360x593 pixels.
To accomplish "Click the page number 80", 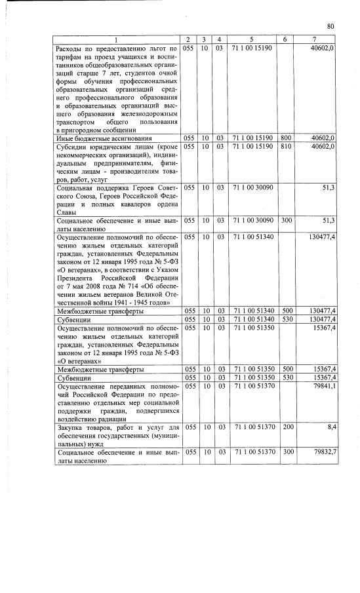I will coord(330,26).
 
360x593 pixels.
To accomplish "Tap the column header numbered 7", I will coord(315,41).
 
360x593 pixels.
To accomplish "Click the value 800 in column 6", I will coord(286,138).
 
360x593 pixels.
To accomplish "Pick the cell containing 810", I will coord(286,147).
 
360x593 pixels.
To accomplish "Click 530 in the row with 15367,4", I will coord(286,378).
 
